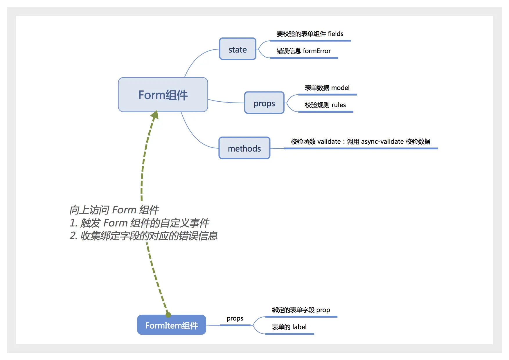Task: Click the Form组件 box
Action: pyautogui.click(x=163, y=95)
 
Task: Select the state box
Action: pyautogui.click(x=238, y=49)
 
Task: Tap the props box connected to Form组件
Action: pyautogui.click(x=264, y=103)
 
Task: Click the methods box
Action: pyautogui.click(x=244, y=148)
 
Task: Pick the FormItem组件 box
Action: pyautogui.click(x=172, y=325)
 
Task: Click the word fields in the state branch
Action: pyautogui.click(x=335, y=34)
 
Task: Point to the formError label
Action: pyautogui.click(x=316, y=51)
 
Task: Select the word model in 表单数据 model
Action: pyautogui.click(x=340, y=88)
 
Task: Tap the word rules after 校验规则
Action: pyautogui.click(x=339, y=105)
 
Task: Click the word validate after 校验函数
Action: pyautogui.click(x=329, y=142)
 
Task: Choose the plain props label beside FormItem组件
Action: pyautogui.click(x=235, y=318)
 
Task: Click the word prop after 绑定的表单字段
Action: pyautogui.click(x=323, y=310)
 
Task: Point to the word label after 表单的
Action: pyautogui.click(x=299, y=327)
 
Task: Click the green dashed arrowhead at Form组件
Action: pyautogui.click(x=155, y=115)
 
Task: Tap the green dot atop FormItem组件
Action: pyautogui.click(x=168, y=315)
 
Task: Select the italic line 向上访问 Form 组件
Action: pyautogui.click(x=114, y=210)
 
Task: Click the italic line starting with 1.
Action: pyautogui.click(x=139, y=223)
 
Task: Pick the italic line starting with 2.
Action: pyautogui.click(x=143, y=236)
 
